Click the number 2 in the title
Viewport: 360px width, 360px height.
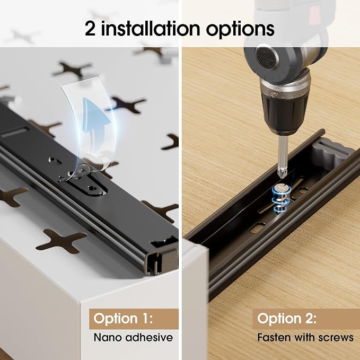pos(90,29)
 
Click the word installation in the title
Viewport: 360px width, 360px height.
pos(151,28)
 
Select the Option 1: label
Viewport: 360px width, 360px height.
pos(123,319)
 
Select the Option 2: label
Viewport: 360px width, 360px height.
pos(287,319)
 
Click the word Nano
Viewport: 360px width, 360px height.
pos(108,338)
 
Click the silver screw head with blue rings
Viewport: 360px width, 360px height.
pos(282,188)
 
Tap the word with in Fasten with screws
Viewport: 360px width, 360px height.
pos(304,337)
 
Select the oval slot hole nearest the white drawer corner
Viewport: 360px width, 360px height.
pos(257,228)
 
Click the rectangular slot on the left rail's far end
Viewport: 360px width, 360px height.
pos(14,133)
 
